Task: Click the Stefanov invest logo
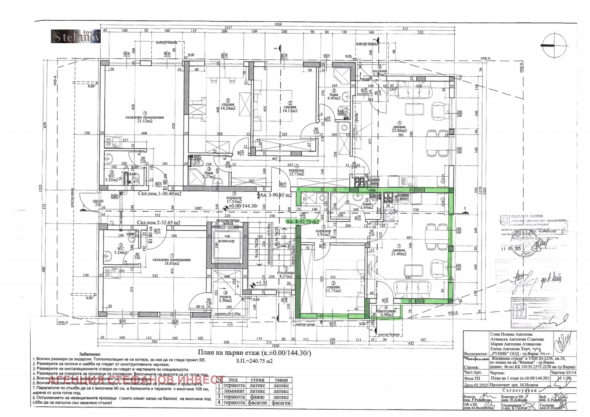coord(76,36)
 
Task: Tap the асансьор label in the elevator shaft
coord(226,241)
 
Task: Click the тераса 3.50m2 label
coord(225,299)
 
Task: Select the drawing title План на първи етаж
coord(254,353)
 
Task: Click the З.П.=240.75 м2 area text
coord(254,361)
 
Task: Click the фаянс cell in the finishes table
coord(257,397)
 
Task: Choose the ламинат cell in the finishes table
coord(234,391)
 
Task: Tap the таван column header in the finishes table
coord(281,380)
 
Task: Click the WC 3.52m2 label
coord(111,178)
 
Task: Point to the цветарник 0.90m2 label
coord(386,313)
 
